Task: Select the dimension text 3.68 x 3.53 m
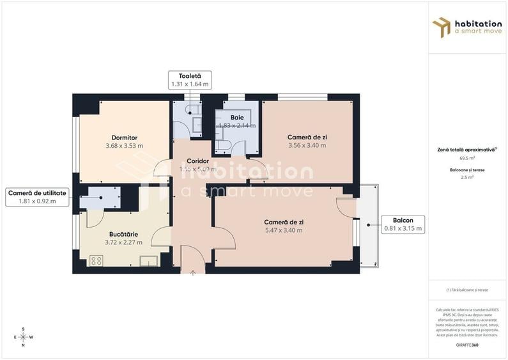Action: (124, 146)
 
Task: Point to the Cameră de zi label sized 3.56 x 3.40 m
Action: (307, 137)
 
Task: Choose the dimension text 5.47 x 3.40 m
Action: (284, 230)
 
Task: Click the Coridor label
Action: (198, 160)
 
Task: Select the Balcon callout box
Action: (403, 224)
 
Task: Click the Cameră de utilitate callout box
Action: (36, 197)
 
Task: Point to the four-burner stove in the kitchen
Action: (96, 260)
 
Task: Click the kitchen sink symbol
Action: (149, 260)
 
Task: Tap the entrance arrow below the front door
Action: (194, 272)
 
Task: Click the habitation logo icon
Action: (442, 27)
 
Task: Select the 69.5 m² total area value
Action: (466, 157)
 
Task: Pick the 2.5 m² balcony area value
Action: (466, 178)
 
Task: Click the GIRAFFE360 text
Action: (466, 345)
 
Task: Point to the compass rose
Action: (24, 337)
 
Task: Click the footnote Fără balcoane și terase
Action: (467, 290)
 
